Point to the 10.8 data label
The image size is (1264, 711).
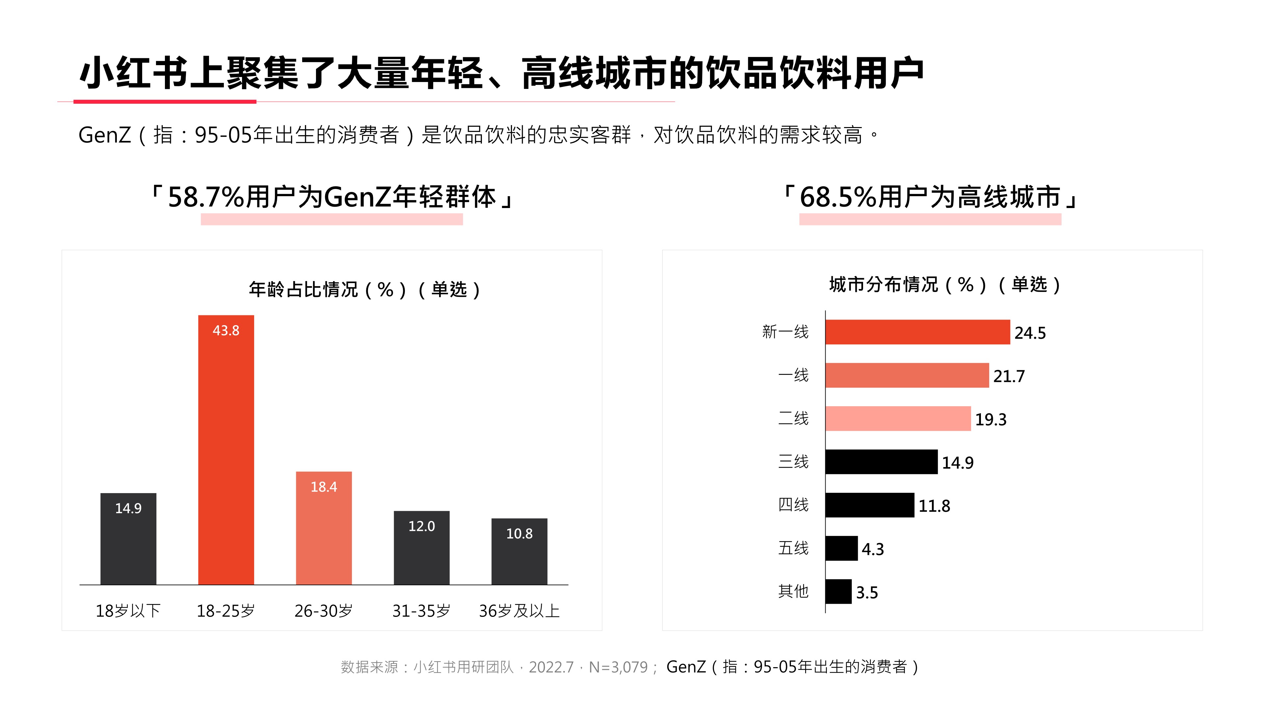[519, 534]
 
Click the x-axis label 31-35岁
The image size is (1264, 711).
[421, 611]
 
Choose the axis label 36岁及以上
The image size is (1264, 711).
[519, 611]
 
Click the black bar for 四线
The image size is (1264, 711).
[869, 505]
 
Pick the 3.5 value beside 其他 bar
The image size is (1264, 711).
[867, 593]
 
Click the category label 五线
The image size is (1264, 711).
[793, 548]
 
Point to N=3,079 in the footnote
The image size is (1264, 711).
[618, 667]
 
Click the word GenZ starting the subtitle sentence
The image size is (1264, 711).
[105, 135]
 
